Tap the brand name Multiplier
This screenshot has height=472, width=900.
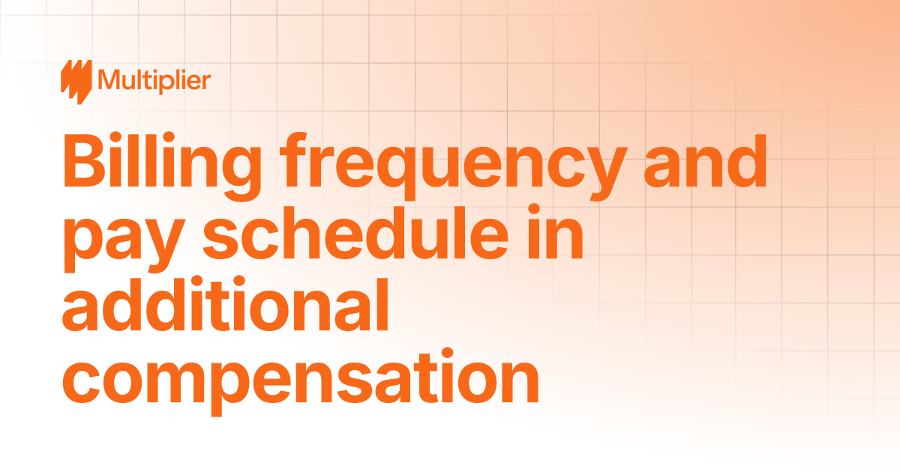(154, 79)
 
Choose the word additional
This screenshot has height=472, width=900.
(225, 303)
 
